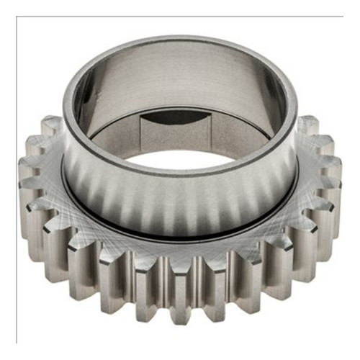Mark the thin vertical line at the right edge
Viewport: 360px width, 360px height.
pyautogui.click(x=343, y=180)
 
